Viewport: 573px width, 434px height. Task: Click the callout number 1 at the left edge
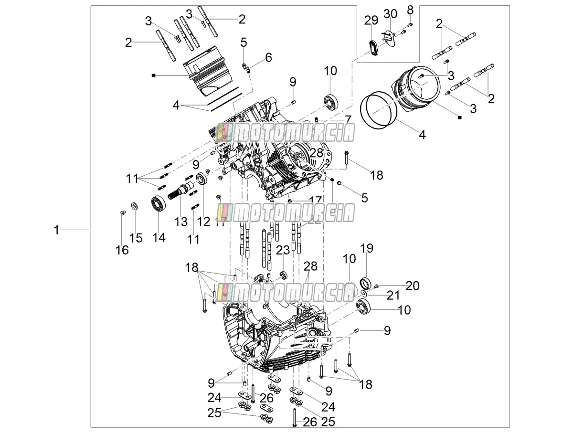point(57,230)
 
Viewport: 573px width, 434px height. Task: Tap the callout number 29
point(371,20)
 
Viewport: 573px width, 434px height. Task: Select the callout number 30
point(390,13)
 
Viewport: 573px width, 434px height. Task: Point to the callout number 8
point(410,10)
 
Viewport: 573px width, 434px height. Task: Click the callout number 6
point(268,57)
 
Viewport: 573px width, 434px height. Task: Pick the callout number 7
point(348,119)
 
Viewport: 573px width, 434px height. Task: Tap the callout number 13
point(181,222)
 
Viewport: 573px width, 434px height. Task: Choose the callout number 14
point(159,237)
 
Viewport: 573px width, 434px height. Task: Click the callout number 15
point(136,238)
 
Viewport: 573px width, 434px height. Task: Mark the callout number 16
point(122,250)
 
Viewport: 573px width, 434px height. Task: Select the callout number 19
point(367,248)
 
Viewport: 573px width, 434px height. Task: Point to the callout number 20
point(413,286)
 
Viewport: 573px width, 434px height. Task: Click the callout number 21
point(393,296)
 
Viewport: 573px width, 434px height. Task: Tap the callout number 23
point(283,250)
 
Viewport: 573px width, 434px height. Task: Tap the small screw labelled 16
point(122,213)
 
